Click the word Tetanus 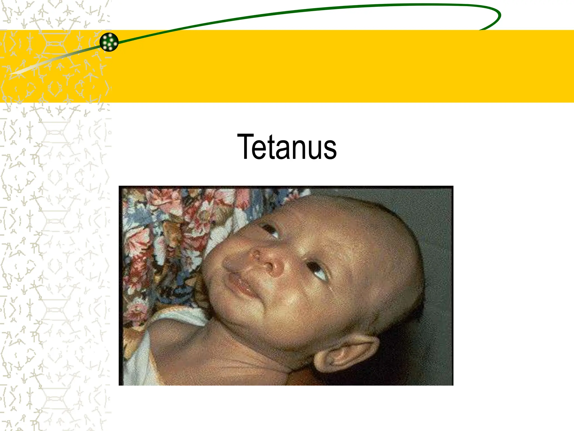(287, 147)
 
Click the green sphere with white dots (109, 42)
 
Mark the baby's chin (238, 311)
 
